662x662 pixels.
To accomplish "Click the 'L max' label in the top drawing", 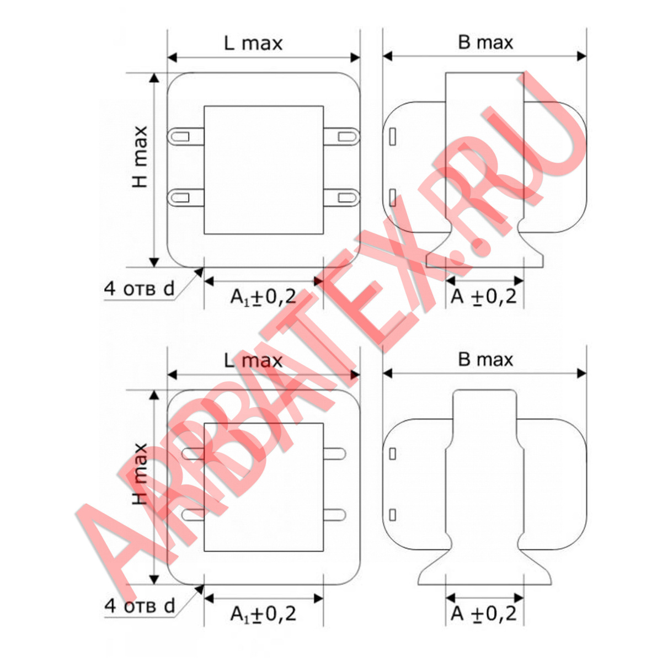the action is point(253,44).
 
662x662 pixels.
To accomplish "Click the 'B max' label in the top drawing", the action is point(485,42).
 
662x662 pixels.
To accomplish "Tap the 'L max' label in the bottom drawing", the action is point(253,361).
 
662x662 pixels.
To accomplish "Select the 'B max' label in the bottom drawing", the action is point(485,360).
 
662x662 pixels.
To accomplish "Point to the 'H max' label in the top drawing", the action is point(140,157).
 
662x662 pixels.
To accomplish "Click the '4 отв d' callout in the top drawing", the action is point(140,289).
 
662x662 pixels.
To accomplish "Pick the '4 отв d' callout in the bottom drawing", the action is point(140,606).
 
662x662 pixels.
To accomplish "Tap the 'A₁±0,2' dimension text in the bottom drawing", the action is point(263,614).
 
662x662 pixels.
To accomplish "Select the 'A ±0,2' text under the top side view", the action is point(483,296).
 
